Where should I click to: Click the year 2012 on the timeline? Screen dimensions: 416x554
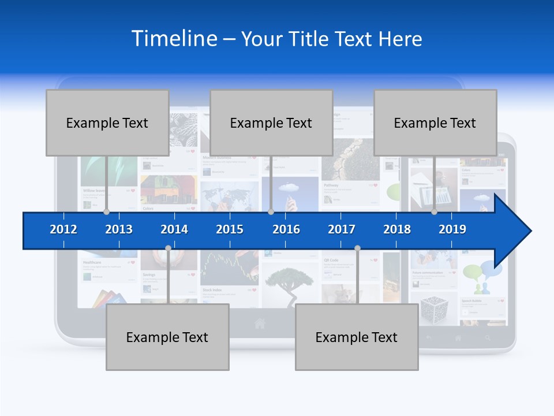tap(63, 229)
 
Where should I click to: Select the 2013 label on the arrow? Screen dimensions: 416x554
tap(119, 229)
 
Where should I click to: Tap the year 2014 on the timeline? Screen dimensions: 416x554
tap(174, 229)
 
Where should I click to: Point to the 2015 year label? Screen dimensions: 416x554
tap(230, 229)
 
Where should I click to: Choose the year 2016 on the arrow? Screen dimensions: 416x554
tap(286, 229)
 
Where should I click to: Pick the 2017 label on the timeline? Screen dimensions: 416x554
tap(342, 229)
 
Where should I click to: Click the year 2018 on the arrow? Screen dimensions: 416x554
tap(397, 229)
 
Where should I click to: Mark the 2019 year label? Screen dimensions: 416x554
tap(452, 229)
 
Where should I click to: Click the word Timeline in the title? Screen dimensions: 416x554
tap(173, 39)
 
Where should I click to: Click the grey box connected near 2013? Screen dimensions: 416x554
tap(107, 122)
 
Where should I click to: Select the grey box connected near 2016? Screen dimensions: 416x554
tap(271, 122)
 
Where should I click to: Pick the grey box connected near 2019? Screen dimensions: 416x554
tap(435, 122)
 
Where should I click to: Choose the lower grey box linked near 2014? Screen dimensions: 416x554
tap(167, 337)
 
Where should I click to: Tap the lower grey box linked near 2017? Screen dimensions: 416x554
tap(357, 337)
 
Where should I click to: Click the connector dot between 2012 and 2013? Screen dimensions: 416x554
tap(106, 212)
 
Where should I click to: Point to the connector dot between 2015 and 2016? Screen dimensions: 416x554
tap(271, 212)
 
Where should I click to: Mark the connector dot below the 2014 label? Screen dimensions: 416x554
tap(168, 248)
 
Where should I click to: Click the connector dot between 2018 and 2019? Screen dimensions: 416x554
tap(434, 212)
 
